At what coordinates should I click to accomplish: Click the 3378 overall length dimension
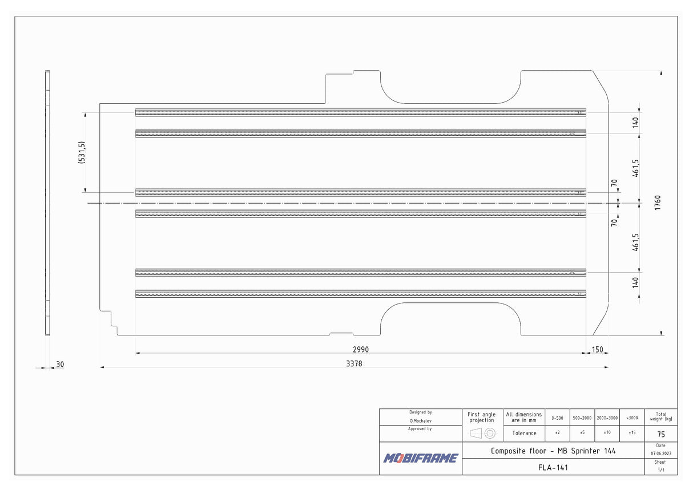point(354,363)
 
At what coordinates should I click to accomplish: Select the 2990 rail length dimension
point(361,349)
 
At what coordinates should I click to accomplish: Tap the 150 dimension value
point(597,350)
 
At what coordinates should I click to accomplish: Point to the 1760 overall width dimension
point(658,203)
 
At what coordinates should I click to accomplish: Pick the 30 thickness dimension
point(60,365)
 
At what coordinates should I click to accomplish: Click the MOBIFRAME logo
point(421,458)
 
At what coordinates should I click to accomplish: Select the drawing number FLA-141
point(553,467)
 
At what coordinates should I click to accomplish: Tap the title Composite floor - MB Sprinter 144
point(553,451)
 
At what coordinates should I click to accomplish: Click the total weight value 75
point(661,434)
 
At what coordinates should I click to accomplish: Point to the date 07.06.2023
point(660,453)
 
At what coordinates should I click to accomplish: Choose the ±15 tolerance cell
point(632,433)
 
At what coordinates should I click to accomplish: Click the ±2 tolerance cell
point(557,433)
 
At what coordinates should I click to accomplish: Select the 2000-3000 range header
point(607,418)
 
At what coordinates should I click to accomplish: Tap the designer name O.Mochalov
point(421,420)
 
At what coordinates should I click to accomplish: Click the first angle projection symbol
point(482,433)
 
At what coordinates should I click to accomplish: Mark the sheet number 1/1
point(661,470)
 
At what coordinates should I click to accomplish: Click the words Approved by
point(420,428)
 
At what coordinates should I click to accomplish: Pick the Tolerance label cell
point(524,433)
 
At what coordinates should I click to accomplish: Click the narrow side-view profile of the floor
point(48,203)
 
